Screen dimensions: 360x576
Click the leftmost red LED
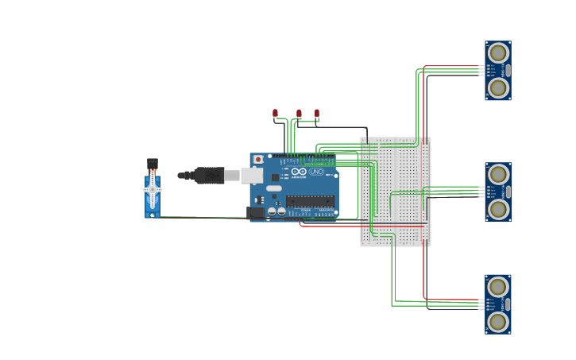pyautogui.click(x=275, y=114)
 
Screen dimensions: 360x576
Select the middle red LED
pyautogui.click(x=299, y=114)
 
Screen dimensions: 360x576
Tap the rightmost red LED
pyautogui.click(x=317, y=114)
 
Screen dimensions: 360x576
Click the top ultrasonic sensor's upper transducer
pyautogui.click(x=498, y=53)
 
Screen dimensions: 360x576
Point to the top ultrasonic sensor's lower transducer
pyautogui.click(x=498, y=87)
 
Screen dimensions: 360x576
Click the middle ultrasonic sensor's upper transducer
pyautogui.click(x=498, y=174)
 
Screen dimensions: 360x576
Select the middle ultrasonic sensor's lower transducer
pyautogui.click(x=498, y=209)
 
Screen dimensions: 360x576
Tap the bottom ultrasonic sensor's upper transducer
pyautogui.click(x=498, y=287)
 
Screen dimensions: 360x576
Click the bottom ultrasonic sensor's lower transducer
pyautogui.click(x=498, y=321)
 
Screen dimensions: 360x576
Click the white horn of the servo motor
pyautogui.click(x=152, y=190)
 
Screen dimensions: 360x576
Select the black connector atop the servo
pyautogui.click(x=152, y=164)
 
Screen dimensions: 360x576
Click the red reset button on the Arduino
pyautogui.click(x=258, y=160)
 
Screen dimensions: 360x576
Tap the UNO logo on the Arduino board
pyautogui.click(x=315, y=172)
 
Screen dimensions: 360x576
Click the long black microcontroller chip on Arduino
pyautogui.click(x=310, y=201)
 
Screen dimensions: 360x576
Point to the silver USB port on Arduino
pyautogui.click(x=252, y=175)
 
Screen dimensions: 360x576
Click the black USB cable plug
pyautogui.click(x=209, y=175)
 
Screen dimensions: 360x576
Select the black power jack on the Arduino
pyautogui.click(x=256, y=212)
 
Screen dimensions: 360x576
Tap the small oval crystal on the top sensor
pyautogui.click(x=508, y=70)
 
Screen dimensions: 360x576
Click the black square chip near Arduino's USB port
pyautogui.click(x=275, y=177)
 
